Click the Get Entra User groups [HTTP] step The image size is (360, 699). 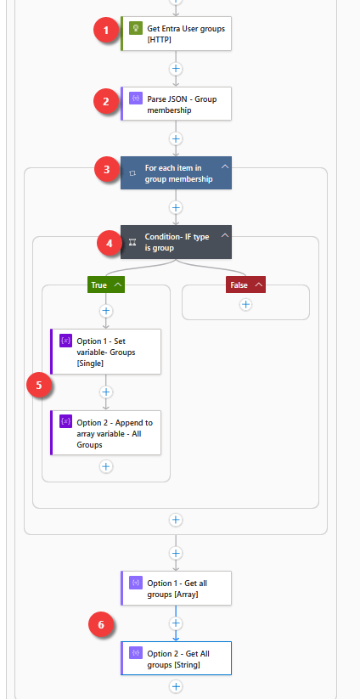pyautogui.click(x=176, y=33)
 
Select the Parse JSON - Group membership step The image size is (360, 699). pyautogui.click(x=176, y=104)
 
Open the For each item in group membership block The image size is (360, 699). pyautogui.click(x=176, y=173)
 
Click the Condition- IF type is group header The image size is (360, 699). pyautogui.click(x=176, y=242)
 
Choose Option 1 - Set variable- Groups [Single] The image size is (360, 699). pyautogui.click(x=105, y=352)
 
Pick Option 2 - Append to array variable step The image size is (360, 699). pyautogui.click(x=105, y=433)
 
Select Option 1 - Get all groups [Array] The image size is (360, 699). pyautogui.click(x=176, y=588)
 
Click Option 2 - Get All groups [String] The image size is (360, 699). pyautogui.click(x=176, y=658)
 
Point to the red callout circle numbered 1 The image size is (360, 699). pyautogui.click(x=106, y=31)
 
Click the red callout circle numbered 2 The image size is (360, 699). pyautogui.click(x=106, y=101)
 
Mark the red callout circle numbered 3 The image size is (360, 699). pyautogui.click(x=107, y=170)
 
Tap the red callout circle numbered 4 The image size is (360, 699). pyautogui.click(x=110, y=244)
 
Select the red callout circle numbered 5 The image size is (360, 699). pyautogui.click(x=39, y=385)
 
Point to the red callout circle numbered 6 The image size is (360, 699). pyautogui.click(x=101, y=625)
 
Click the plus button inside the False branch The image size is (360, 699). pyautogui.click(x=245, y=304)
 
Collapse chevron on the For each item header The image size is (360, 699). pyautogui.click(x=225, y=166)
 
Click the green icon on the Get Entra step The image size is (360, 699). pyautogui.click(x=135, y=29)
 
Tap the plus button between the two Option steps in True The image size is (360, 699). pyautogui.click(x=105, y=392)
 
